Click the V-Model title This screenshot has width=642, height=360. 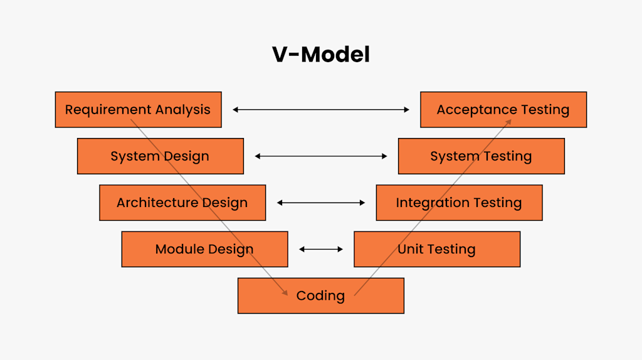[x=320, y=55]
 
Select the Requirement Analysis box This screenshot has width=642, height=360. [x=138, y=110]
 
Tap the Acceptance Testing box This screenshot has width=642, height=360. [x=503, y=110]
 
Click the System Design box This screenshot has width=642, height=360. [x=160, y=156]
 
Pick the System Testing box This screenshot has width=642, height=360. [x=481, y=156]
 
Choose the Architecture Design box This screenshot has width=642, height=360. [x=182, y=203]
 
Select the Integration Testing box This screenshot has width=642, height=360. [x=459, y=203]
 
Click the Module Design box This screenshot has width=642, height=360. [x=204, y=249]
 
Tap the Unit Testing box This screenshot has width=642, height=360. [x=436, y=249]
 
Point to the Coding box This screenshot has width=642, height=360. [x=320, y=295]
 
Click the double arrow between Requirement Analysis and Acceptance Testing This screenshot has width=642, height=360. [x=320, y=110]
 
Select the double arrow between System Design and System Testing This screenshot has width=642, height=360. [x=320, y=156]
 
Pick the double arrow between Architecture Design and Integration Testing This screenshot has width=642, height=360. [x=320, y=203]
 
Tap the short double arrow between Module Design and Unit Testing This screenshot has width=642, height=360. [x=320, y=249]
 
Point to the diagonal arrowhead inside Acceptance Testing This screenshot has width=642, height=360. [x=509, y=120]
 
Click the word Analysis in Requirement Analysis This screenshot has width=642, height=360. [x=183, y=110]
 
